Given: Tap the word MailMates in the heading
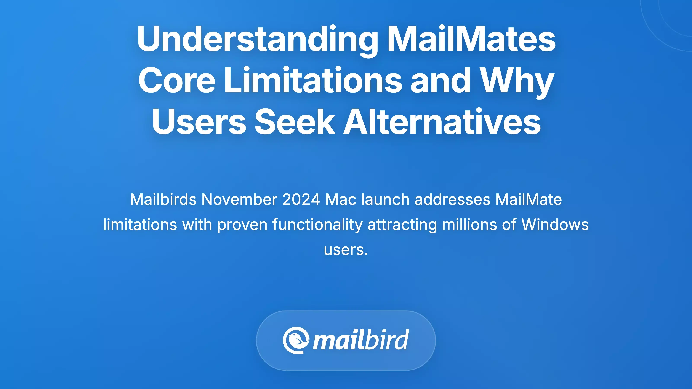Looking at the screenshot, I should [471, 39].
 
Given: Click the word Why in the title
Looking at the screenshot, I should [517, 81].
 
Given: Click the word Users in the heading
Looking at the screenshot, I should [199, 122].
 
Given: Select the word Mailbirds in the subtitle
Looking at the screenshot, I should [163, 199].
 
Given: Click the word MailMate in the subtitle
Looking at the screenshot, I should [528, 199].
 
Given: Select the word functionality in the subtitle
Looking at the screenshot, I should [317, 225].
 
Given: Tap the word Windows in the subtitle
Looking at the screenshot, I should [555, 225].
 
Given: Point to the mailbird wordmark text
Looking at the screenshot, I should [361, 340].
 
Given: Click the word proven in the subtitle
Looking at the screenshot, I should [242, 225].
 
